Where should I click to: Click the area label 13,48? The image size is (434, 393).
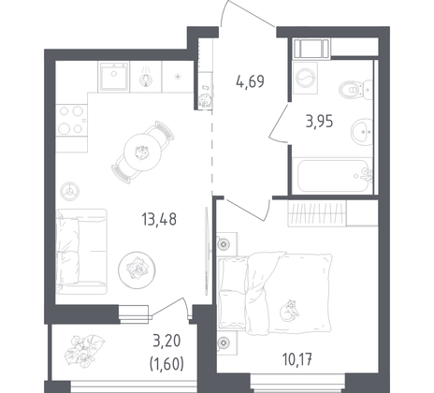pos(156,220)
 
